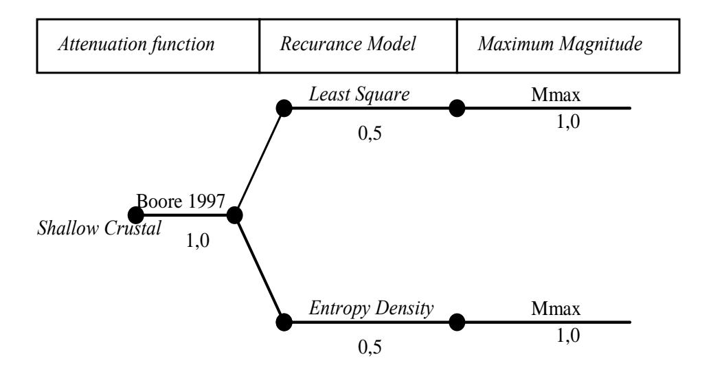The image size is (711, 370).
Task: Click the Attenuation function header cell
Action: [148, 45]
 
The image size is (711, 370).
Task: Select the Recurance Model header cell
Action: [358, 45]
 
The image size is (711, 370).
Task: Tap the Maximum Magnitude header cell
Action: [568, 45]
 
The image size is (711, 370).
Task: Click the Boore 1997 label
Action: [181, 201]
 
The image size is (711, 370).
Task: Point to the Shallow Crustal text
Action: [99, 228]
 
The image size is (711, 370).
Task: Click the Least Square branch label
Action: [359, 94]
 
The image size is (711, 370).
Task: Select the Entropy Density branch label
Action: [372, 309]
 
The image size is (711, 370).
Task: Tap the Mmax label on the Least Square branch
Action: [556, 95]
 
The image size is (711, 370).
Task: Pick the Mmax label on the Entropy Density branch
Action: [556, 309]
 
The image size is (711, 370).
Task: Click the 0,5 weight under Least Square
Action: [370, 133]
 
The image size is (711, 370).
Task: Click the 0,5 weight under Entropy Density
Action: [370, 347]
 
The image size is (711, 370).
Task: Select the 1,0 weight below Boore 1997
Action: [198, 240]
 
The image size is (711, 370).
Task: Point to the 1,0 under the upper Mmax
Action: [568, 122]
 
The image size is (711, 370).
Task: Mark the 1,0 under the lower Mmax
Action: [568, 336]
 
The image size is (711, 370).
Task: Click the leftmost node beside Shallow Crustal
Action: [135, 215]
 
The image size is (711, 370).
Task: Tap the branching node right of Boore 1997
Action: [234, 215]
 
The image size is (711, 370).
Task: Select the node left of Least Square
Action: [284, 108]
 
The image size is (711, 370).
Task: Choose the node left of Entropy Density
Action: [284, 323]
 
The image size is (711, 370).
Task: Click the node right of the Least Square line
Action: [457, 108]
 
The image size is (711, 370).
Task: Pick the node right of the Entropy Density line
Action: [457, 323]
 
